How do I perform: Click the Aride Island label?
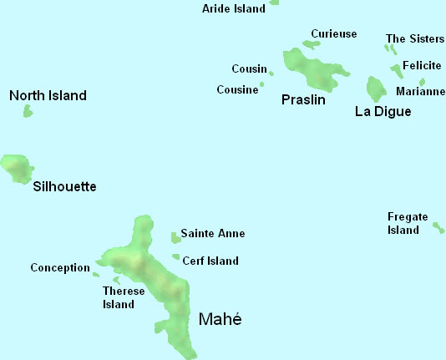pos(234,8)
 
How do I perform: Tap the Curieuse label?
pos(333,33)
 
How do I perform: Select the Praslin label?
pos(302,99)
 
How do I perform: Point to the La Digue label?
pos(383,111)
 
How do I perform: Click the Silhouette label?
pos(64,186)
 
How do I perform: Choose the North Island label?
pos(48,96)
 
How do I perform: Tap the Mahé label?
pos(220,319)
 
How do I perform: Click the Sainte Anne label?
pos(213,234)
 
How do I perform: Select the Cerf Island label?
pos(210,261)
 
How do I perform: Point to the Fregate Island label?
pos(408,223)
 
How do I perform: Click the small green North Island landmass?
pos(28,111)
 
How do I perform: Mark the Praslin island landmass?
pos(313,68)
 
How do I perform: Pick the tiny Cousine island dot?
pos(261,84)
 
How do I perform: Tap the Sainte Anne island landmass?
pos(175,237)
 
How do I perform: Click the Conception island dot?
pos(96,274)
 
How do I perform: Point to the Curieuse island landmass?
pos(312,45)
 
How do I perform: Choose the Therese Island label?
pos(118,297)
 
